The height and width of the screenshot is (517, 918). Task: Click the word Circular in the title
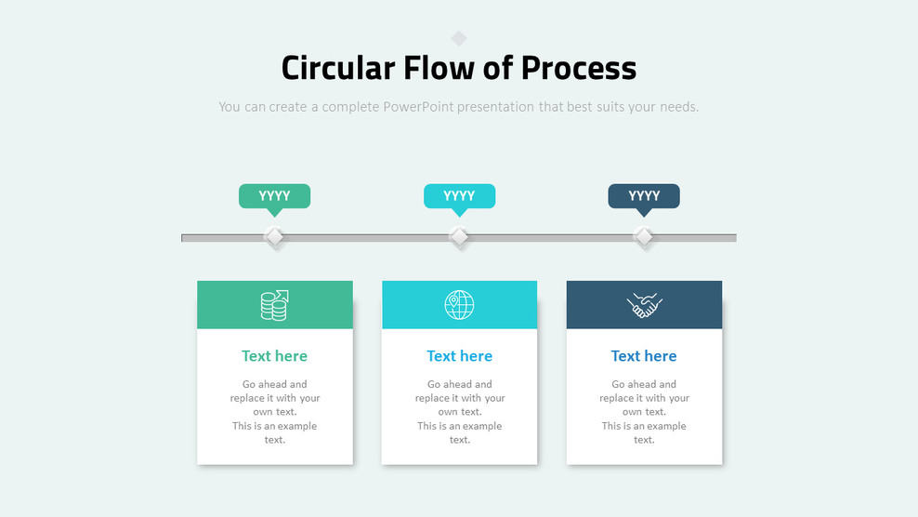[338, 68]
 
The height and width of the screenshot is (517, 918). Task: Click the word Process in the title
[579, 68]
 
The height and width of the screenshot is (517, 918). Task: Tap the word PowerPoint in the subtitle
[418, 107]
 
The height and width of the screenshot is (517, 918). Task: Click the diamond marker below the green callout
[275, 237]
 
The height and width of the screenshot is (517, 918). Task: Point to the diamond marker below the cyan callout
[460, 237]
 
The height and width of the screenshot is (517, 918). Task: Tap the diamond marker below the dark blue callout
[644, 237]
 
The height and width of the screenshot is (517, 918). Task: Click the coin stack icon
[275, 305]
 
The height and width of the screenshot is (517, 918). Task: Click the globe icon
[460, 305]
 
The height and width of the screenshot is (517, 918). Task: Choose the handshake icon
[644, 305]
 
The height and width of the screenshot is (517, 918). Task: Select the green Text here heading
[275, 356]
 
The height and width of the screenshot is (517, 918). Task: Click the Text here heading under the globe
[460, 356]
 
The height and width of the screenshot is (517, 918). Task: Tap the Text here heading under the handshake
[644, 356]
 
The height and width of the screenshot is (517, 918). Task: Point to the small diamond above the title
[459, 39]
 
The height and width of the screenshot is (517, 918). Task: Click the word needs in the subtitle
[679, 107]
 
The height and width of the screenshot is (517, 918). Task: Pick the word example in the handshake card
[664, 426]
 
